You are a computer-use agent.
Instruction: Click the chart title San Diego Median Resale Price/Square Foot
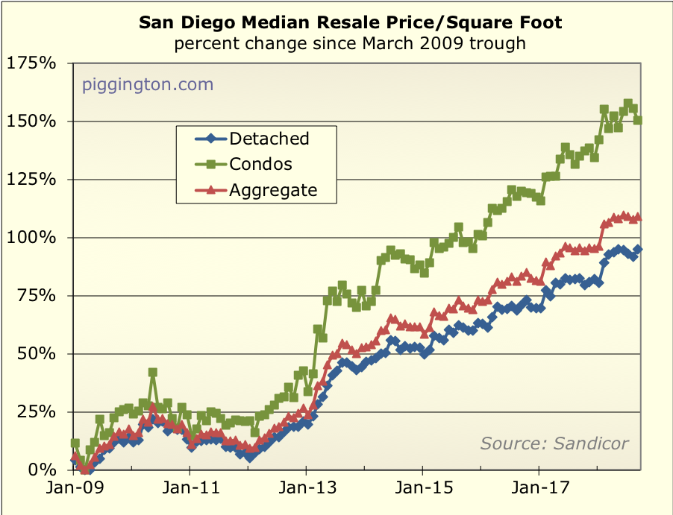point(351,23)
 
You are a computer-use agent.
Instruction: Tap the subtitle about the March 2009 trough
point(350,43)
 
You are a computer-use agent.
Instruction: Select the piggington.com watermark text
point(148,84)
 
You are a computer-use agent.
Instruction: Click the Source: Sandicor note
point(554,443)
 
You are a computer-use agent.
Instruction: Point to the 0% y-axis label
point(41,470)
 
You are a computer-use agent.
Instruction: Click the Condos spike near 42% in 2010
point(152,372)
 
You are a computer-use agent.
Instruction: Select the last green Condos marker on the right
point(638,120)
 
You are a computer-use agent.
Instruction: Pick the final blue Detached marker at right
point(638,250)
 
